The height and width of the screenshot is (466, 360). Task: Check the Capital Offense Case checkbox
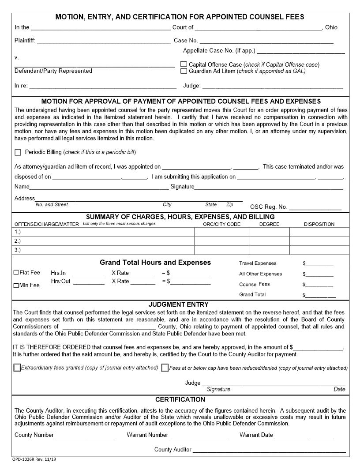tap(184, 64)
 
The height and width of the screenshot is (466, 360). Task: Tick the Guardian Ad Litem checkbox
tap(184, 71)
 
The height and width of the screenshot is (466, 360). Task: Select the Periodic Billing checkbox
tap(18, 153)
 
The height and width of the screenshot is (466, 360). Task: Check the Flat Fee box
tap(16, 273)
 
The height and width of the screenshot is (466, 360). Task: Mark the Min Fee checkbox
tap(16, 286)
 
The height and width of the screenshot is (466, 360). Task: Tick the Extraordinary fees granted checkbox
tap(17, 368)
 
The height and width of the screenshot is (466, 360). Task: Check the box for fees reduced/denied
tap(165, 368)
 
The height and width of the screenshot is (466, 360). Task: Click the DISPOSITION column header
tap(319, 224)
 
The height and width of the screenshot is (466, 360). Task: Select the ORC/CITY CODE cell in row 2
tap(221, 241)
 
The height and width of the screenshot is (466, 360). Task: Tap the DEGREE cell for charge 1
tap(269, 232)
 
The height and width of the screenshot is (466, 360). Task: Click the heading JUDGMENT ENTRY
tap(178, 304)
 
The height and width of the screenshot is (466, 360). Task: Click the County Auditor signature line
tap(269, 451)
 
